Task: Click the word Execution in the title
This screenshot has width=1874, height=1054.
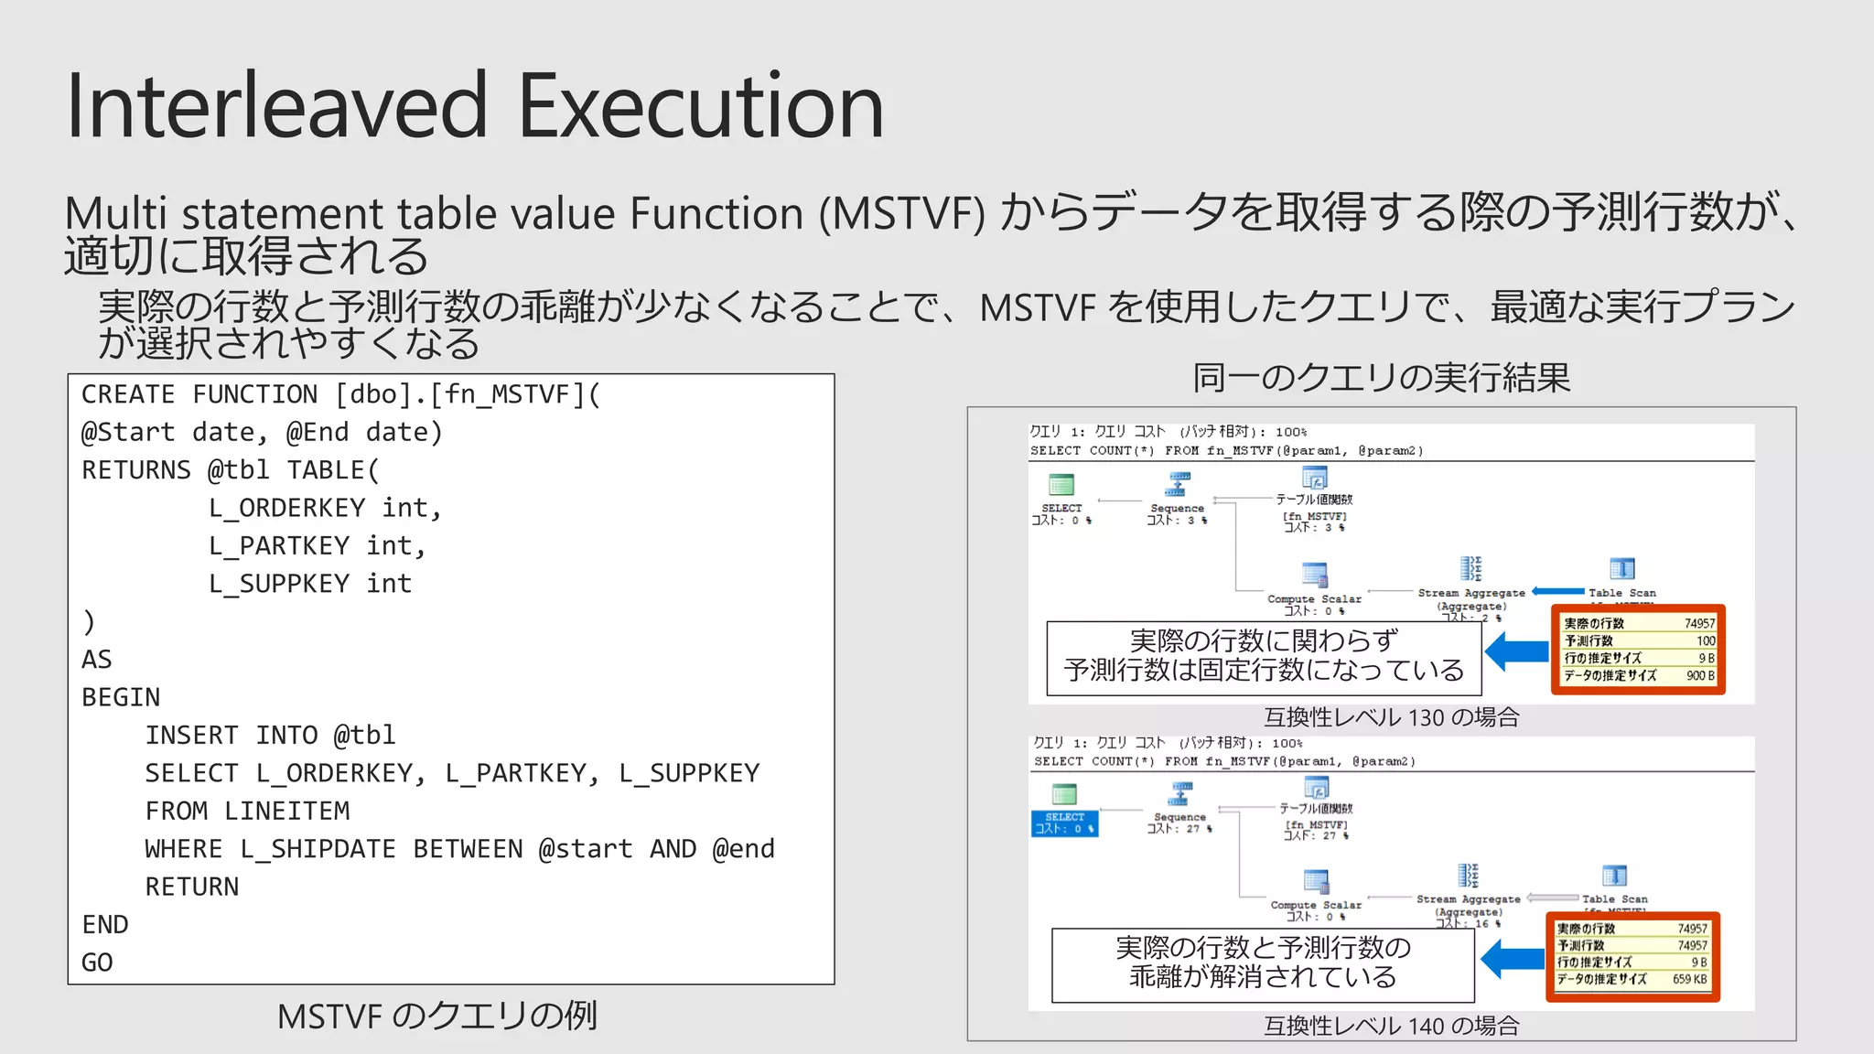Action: point(700,107)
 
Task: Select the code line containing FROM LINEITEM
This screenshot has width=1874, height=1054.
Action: point(247,811)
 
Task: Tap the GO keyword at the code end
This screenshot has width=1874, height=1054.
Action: point(97,963)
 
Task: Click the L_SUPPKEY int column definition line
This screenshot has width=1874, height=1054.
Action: point(310,583)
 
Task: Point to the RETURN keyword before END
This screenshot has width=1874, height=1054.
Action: point(191,887)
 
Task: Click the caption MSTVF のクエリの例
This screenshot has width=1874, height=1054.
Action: point(436,1016)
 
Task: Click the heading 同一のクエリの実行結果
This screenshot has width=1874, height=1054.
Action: point(1381,377)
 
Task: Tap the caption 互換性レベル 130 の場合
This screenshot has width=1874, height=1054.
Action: point(1391,717)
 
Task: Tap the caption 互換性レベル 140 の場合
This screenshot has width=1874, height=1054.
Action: point(1391,1026)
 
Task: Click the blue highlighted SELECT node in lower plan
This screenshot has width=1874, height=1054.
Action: point(1064,823)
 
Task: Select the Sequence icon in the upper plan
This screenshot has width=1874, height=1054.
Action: point(1179,483)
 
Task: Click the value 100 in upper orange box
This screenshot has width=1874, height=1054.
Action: point(1706,640)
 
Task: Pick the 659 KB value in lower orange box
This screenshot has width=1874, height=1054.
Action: point(1689,979)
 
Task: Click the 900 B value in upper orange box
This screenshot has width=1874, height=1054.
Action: point(1700,675)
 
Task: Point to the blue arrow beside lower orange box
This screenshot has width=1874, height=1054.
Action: point(1512,959)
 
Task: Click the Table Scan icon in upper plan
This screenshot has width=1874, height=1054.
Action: point(1621,569)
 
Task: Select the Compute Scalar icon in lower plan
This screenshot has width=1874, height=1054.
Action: point(1316,880)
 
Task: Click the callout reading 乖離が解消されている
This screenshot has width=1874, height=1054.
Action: point(1263,976)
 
